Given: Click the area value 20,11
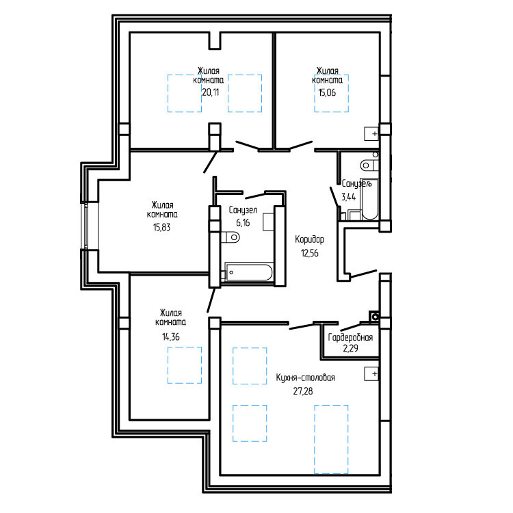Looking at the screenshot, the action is coord(211,92).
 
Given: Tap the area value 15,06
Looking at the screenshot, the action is coord(327,92).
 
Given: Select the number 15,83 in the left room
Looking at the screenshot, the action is coord(161,227).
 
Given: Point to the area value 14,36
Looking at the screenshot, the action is coord(171,337).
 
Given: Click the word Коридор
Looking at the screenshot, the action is coord(309,239).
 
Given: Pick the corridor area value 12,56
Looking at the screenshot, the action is coord(309,253).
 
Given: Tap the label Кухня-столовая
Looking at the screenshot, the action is coord(306,378).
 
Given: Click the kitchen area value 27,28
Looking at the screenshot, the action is coord(303,391).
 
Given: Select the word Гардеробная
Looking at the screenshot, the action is coord(350,337).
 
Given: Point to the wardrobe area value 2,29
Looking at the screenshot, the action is coord(350,348).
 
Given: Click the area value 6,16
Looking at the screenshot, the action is coord(243,223).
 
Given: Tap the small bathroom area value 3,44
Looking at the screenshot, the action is coord(348,197).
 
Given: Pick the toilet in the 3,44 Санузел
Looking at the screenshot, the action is coord(369,166).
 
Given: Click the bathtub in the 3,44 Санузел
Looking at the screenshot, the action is coord(369,199).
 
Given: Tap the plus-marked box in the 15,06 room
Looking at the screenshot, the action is coord(371,133).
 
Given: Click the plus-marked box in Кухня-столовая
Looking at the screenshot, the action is coord(371,373).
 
